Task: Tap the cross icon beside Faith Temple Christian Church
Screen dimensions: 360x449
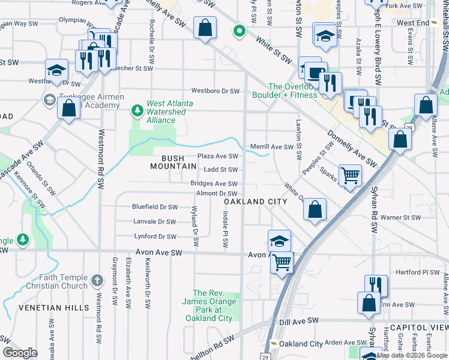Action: point(98,280)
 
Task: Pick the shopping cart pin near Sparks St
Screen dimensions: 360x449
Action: point(351,176)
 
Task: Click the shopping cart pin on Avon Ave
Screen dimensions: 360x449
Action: point(282,262)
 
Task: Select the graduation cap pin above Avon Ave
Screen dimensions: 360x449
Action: point(280,241)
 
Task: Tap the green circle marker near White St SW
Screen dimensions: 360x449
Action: point(239,31)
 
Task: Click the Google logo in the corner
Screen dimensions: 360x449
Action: point(20,353)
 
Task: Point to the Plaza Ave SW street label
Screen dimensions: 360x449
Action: point(218,156)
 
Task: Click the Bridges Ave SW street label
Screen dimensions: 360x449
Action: point(214,184)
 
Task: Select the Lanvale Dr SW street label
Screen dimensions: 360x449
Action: point(155,222)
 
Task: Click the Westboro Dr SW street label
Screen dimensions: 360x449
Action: point(215,91)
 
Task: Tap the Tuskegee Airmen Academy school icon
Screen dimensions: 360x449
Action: point(47,99)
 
